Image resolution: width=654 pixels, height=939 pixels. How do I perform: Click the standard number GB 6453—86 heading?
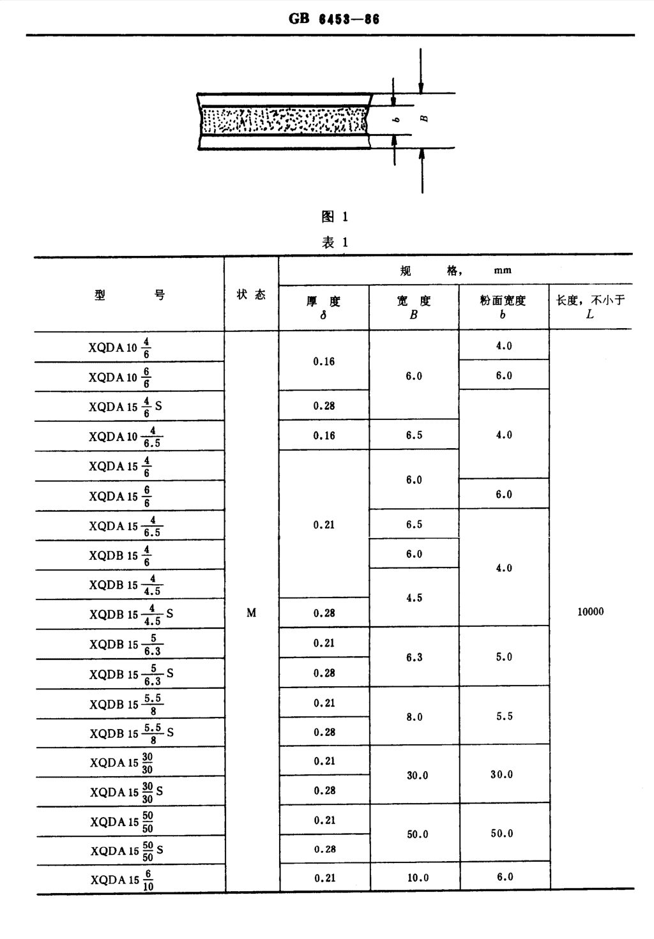point(334,19)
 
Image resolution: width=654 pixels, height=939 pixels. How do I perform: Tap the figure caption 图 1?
point(335,216)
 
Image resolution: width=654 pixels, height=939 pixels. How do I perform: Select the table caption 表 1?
point(335,243)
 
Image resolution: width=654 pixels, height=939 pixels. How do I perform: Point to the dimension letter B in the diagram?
point(424,119)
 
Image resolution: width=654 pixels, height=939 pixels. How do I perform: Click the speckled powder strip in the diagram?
point(284,121)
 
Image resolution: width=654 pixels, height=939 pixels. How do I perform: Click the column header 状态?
point(251,295)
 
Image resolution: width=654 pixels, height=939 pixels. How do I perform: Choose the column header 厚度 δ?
point(323,307)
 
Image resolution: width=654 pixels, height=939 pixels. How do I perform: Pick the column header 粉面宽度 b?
point(503,307)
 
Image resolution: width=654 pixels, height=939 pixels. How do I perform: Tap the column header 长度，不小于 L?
point(590,306)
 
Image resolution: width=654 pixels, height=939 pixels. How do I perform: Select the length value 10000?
point(590,612)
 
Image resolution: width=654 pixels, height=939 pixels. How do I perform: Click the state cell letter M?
point(251,613)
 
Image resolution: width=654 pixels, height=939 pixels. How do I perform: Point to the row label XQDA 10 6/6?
point(120,377)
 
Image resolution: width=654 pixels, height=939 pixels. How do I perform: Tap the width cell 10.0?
point(418,878)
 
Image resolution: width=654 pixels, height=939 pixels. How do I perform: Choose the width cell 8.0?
point(414,717)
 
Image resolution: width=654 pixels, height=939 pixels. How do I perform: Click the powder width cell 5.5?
point(505,716)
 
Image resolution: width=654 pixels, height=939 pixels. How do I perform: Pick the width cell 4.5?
point(414,597)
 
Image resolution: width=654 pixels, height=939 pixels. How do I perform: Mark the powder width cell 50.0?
point(502,834)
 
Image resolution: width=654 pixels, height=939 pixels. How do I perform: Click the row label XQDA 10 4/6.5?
point(125,437)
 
